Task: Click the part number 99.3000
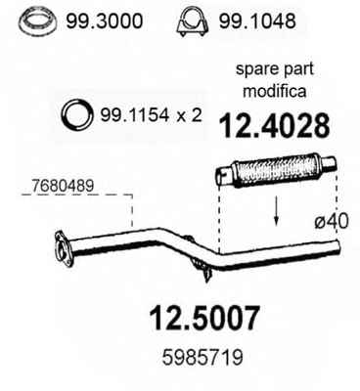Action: coord(104,22)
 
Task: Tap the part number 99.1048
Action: coord(257,22)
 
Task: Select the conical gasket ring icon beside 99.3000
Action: coord(38,22)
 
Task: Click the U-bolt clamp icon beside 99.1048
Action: coord(192,22)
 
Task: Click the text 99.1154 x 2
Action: coord(151,115)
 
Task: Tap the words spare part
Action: coord(275,69)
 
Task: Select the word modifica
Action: coord(275,91)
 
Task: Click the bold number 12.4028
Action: coord(275,126)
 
